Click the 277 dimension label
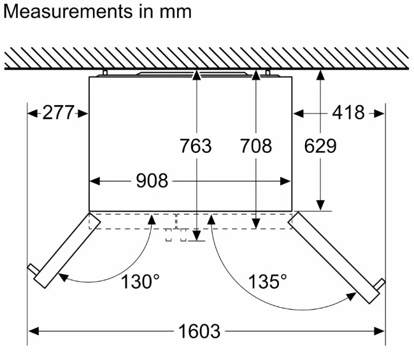click(59, 113)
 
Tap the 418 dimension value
click(348, 113)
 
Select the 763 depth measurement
click(196, 146)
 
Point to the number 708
click(255, 146)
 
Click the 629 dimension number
click(320, 146)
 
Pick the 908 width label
click(152, 181)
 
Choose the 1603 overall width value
click(199, 331)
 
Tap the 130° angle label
click(140, 282)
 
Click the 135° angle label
click(268, 282)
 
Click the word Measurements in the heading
click(68, 11)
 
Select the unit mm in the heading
click(175, 13)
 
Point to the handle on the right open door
click(380, 284)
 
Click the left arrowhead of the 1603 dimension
click(33, 331)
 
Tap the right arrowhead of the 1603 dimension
click(380, 331)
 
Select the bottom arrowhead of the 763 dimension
click(197, 235)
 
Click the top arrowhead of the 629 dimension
click(320, 75)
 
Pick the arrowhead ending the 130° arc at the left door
click(63, 277)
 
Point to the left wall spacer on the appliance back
click(105, 73)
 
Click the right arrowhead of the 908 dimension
click(285, 182)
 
